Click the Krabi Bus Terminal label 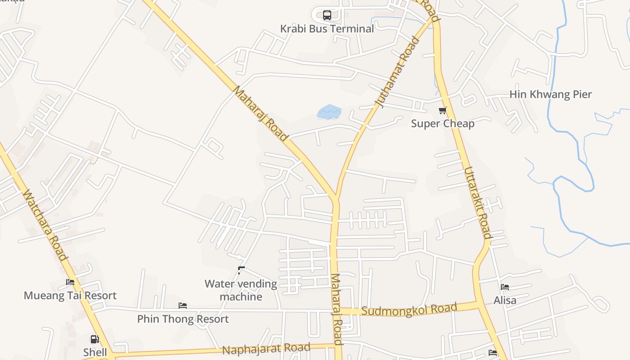(327, 29)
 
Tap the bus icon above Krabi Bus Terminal (327, 15)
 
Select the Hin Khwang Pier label (550, 94)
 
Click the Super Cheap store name (442, 123)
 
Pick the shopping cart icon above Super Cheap (442, 110)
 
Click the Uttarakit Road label (477, 203)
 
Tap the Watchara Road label (45, 225)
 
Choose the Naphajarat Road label (266, 348)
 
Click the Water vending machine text (241, 290)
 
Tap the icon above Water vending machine (241, 270)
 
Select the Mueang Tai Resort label (70, 296)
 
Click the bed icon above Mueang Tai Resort (70, 283)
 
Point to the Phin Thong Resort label (183, 319)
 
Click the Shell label (95, 352)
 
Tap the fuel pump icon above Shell (94, 339)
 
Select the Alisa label (505, 300)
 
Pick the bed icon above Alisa (505, 287)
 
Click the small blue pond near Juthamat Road (329, 112)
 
